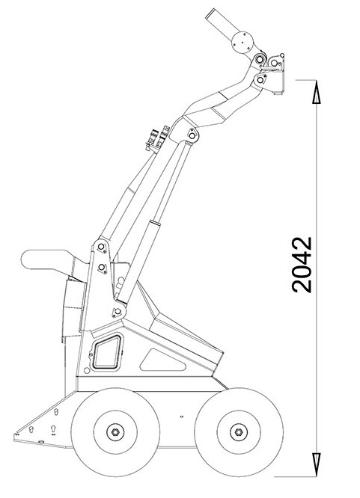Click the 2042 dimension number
(302, 264)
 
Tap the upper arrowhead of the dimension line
(316, 92)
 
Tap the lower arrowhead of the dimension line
(316, 465)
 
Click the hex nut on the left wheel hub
(115, 432)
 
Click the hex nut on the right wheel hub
(239, 432)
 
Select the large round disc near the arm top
(242, 43)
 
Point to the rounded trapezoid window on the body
(108, 351)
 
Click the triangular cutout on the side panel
(162, 361)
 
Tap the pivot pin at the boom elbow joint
(192, 135)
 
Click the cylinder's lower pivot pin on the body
(118, 311)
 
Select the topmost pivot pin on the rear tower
(101, 247)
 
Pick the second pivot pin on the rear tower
(102, 268)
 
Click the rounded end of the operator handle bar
(27, 259)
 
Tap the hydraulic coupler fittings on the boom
(157, 138)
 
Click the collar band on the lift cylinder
(155, 224)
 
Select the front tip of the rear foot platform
(15, 434)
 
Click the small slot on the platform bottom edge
(41, 442)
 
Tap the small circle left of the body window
(87, 370)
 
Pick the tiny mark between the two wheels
(182, 416)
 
